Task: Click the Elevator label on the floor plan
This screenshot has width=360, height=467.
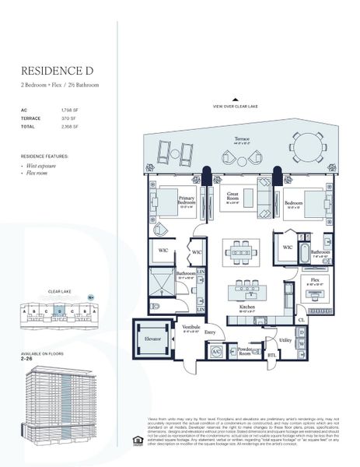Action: point(152,340)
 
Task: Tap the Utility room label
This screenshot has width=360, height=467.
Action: point(285,341)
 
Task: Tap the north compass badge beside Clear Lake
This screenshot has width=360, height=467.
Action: point(91,297)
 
